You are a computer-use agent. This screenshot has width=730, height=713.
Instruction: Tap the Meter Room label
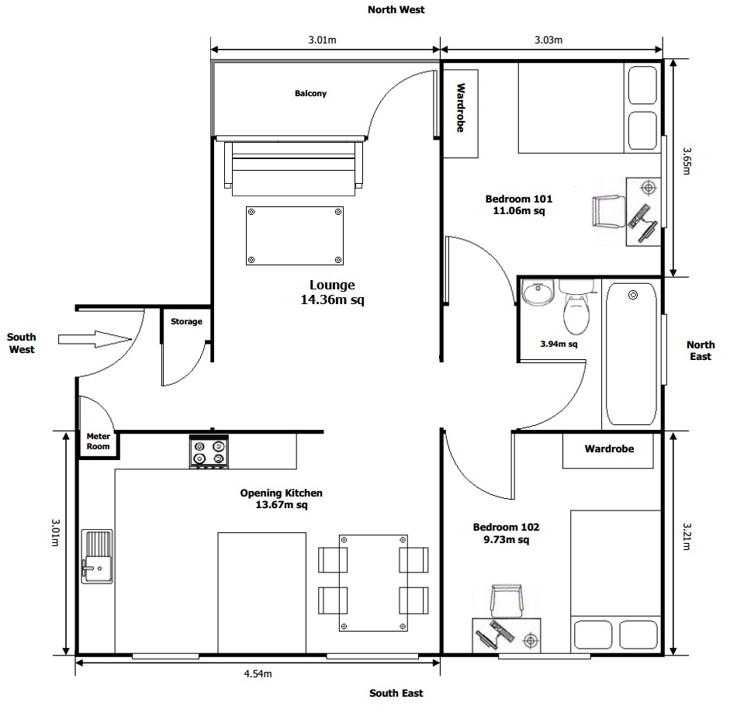[98, 441]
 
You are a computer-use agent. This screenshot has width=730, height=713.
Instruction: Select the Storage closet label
[186, 322]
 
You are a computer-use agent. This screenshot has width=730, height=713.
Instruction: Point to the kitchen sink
[97, 557]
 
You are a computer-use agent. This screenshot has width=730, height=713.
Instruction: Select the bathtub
[631, 354]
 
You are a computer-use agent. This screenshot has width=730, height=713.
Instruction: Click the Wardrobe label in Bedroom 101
[460, 108]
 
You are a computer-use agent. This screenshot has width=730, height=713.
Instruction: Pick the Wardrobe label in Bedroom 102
[609, 449]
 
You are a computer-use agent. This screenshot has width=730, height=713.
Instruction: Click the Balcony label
[310, 94]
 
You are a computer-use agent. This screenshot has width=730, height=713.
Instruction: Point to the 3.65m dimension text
[687, 161]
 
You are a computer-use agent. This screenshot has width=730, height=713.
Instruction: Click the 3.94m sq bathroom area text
[559, 344]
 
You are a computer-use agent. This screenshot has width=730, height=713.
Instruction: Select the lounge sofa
[294, 166]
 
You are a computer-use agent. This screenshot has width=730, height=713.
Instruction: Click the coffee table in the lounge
[295, 236]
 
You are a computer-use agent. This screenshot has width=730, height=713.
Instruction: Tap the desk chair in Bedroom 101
[607, 212]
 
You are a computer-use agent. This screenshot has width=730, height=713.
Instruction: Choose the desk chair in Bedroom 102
[507, 602]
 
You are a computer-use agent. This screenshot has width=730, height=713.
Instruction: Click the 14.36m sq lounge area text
[331, 300]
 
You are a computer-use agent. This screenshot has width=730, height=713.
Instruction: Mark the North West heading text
[396, 10]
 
